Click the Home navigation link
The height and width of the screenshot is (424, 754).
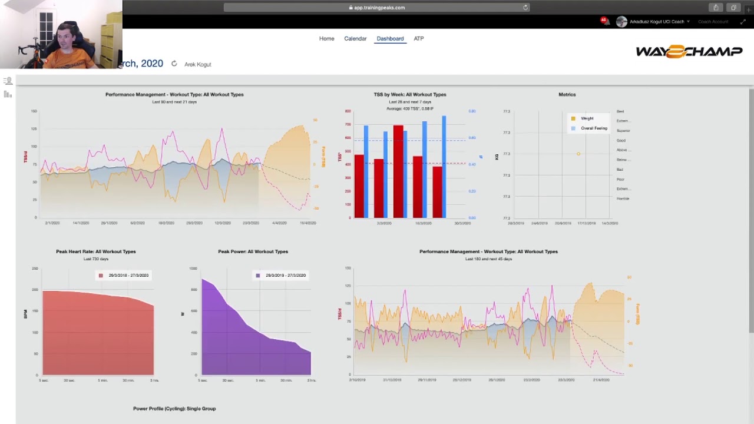(x=326, y=39)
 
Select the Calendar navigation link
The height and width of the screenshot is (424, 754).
(x=355, y=39)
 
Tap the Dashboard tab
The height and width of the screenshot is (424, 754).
(x=390, y=39)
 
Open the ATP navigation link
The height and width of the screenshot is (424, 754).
(x=419, y=39)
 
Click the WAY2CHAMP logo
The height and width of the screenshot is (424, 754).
(x=689, y=52)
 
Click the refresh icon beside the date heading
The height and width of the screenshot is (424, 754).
(x=174, y=64)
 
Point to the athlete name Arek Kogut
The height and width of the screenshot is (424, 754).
(x=198, y=64)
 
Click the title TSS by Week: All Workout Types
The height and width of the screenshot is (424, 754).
(x=410, y=94)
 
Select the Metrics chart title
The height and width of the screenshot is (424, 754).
(x=567, y=94)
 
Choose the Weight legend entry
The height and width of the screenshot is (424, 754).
(x=587, y=118)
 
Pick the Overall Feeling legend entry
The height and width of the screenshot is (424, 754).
(x=593, y=128)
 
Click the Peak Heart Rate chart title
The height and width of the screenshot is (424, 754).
(x=96, y=251)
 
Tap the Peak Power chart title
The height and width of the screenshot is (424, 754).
(x=253, y=251)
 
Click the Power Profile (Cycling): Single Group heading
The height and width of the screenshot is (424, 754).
(x=174, y=409)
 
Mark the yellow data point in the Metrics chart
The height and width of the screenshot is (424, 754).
(x=578, y=154)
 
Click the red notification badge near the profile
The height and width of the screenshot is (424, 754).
(x=604, y=21)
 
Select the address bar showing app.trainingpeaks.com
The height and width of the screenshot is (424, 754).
(x=377, y=8)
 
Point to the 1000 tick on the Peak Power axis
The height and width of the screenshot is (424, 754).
(x=193, y=269)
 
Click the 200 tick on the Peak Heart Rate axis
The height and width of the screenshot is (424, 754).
(x=35, y=290)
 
